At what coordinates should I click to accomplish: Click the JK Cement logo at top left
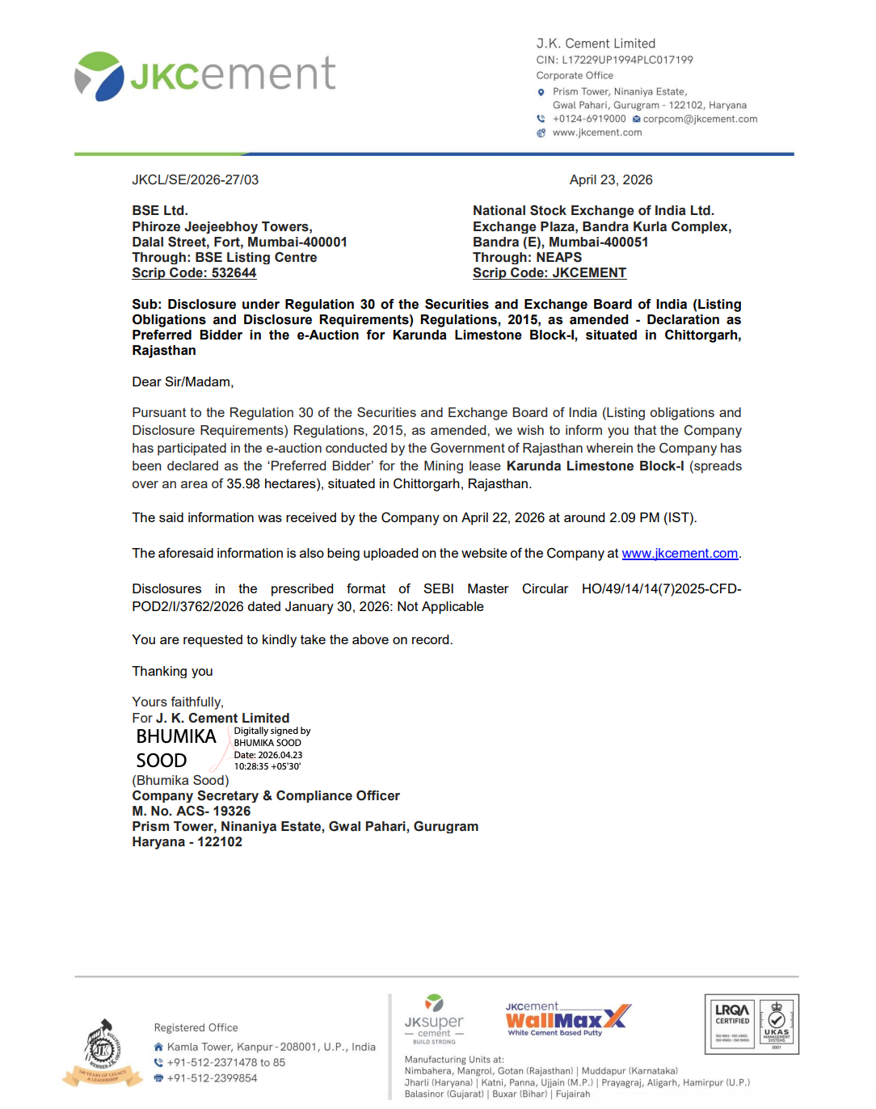(x=204, y=75)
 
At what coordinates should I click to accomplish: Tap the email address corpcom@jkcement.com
(x=700, y=119)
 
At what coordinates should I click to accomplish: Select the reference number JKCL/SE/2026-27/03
(x=196, y=180)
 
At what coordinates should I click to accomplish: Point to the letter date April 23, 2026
(x=611, y=180)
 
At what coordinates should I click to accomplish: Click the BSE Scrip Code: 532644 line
(x=194, y=273)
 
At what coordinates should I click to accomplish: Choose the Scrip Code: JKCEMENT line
(x=550, y=273)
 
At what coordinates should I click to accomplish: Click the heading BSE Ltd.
(x=160, y=211)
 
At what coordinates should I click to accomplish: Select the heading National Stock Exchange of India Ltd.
(x=593, y=211)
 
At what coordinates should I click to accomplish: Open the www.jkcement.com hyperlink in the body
(x=680, y=554)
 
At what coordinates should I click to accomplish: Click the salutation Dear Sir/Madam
(x=183, y=382)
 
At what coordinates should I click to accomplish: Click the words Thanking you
(x=172, y=672)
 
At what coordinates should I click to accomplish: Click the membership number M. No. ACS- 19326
(x=192, y=812)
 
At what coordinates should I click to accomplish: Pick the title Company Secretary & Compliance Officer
(x=266, y=796)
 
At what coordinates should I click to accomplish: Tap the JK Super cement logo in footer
(x=434, y=1019)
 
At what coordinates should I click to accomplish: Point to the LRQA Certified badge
(x=732, y=1024)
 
